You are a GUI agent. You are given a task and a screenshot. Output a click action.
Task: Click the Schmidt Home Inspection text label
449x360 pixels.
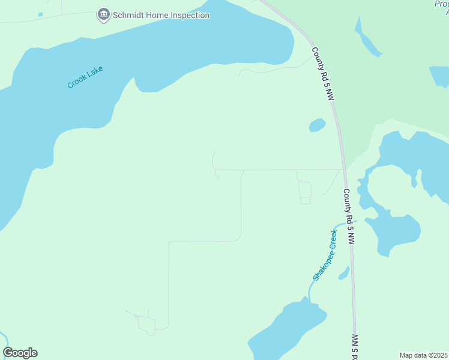pyautogui.click(x=161, y=15)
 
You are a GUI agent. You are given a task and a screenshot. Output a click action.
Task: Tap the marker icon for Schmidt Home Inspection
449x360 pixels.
pyautogui.click(x=103, y=14)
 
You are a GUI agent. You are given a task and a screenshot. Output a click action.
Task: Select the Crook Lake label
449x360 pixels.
pyautogui.click(x=85, y=77)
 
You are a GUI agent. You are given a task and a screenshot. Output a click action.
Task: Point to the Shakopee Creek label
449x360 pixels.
pyautogui.click(x=325, y=254)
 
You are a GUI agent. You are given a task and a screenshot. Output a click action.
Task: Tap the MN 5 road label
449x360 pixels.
pyautogui.click(x=355, y=347)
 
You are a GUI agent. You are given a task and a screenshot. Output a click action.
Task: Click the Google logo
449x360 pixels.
pyautogui.click(x=20, y=353)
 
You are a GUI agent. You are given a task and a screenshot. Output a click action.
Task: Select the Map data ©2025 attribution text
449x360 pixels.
pyautogui.click(x=423, y=355)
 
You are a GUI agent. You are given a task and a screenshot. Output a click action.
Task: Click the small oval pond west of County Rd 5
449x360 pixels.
pyautogui.click(x=317, y=125)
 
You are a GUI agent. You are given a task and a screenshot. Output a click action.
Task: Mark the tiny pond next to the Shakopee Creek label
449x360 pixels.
pyautogui.click(x=344, y=273)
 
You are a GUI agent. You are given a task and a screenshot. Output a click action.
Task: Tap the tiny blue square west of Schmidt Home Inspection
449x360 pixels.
pyautogui.click(x=40, y=14)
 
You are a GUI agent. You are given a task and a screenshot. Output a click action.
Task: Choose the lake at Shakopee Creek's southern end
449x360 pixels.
pyautogui.click(x=288, y=330)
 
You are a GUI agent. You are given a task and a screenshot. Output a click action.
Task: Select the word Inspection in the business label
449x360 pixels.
pyautogui.click(x=186, y=15)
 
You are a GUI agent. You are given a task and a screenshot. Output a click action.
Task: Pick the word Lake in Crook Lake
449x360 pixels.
pyautogui.click(x=95, y=72)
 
